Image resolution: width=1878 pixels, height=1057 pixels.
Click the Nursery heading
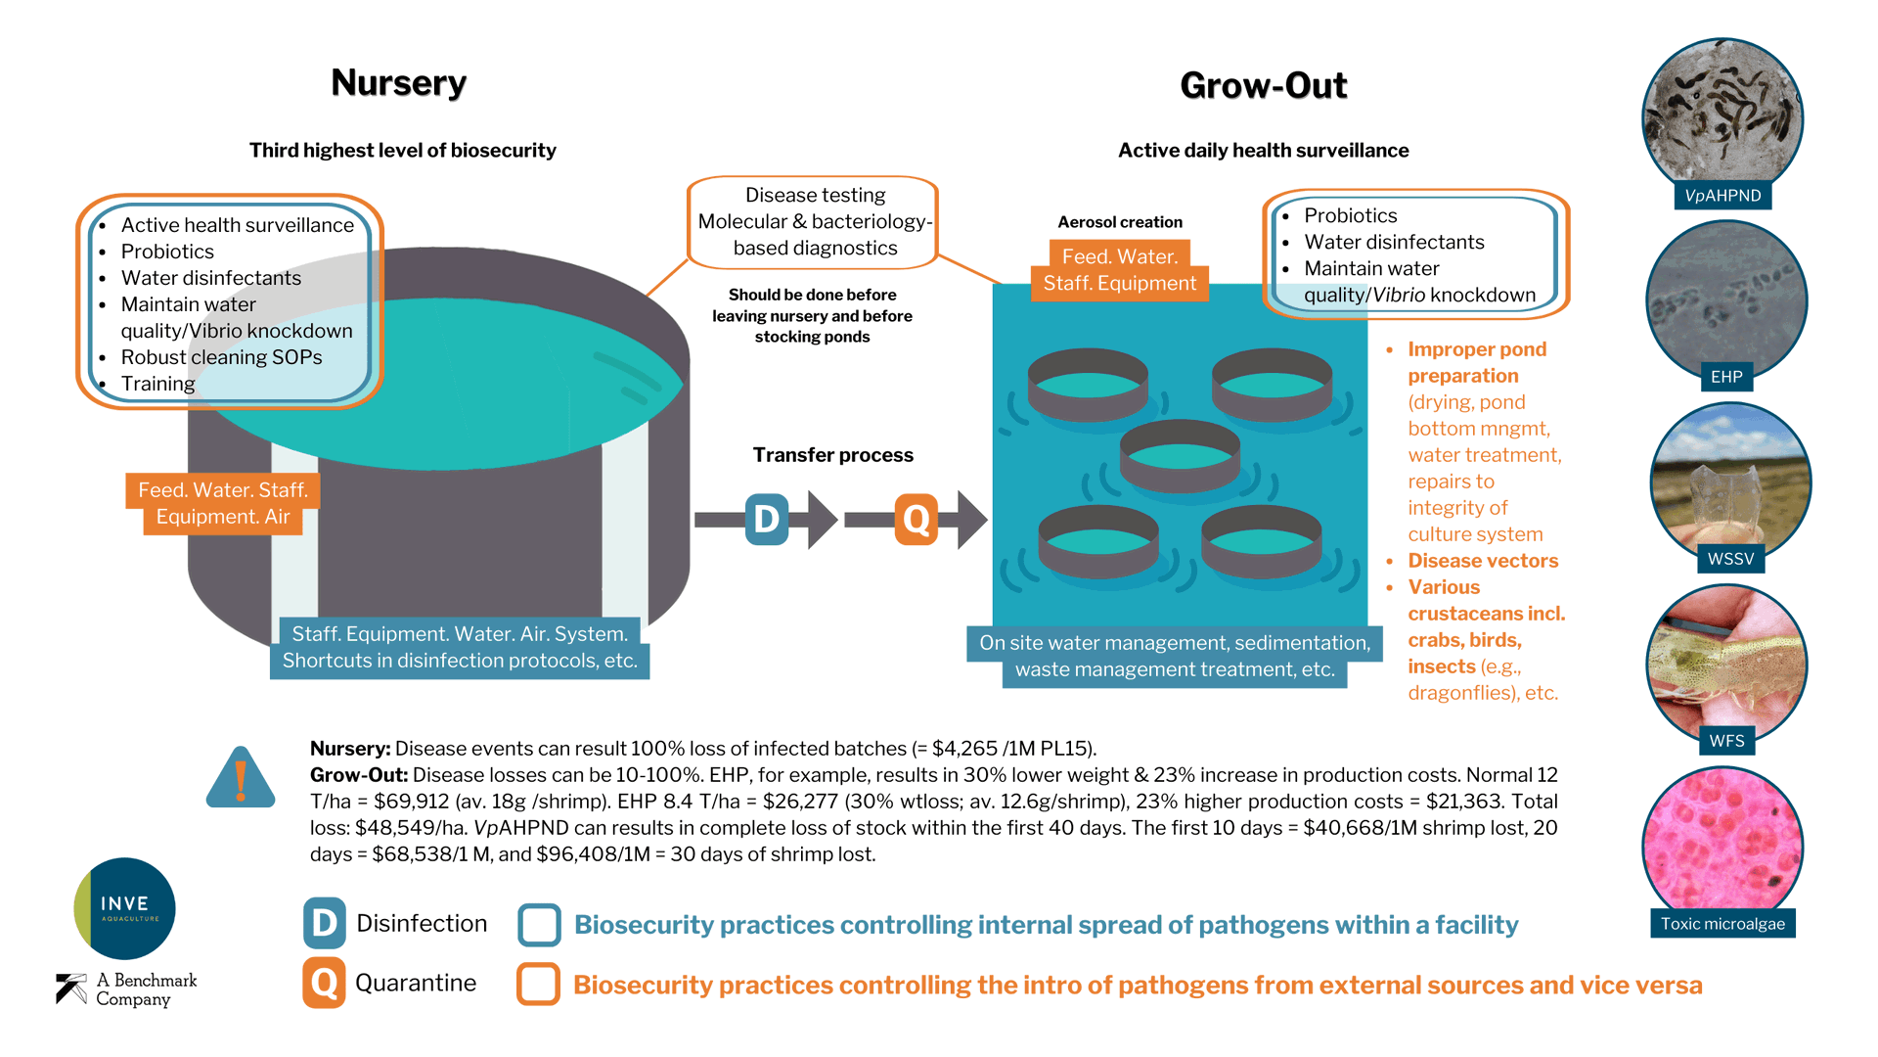[x=398, y=83]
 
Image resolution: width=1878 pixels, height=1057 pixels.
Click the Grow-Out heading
[x=1263, y=86]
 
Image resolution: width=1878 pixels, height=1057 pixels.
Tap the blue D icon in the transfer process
[x=767, y=519]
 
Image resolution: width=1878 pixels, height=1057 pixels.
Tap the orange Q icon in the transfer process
[x=917, y=519]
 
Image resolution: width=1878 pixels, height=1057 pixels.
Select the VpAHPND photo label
[x=1722, y=196]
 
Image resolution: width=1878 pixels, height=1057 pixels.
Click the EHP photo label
[x=1726, y=377]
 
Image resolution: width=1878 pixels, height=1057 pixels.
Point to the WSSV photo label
[x=1730, y=559]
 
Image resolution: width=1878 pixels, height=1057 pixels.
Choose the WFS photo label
[x=1726, y=741]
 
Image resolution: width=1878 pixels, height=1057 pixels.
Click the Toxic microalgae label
[x=1722, y=924]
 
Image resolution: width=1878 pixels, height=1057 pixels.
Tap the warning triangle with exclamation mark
[x=241, y=779]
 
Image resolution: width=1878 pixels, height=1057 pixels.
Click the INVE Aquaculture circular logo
[x=125, y=908]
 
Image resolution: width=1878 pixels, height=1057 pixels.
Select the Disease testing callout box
[x=814, y=222]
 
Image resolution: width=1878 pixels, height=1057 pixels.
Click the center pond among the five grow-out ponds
[x=1180, y=454]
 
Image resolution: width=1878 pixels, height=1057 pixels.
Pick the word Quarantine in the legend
[x=416, y=983]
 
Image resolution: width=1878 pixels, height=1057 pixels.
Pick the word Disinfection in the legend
[x=422, y=923]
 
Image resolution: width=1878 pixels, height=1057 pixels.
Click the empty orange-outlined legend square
[x=538, y=984]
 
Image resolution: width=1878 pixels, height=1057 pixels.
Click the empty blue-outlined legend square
[x=539, y=925]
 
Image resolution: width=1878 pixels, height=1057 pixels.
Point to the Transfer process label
[x=832, y=455]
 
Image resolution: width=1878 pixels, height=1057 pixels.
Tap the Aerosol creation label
[x=1120, y=222]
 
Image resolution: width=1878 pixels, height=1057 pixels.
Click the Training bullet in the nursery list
[x=157, y=384]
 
